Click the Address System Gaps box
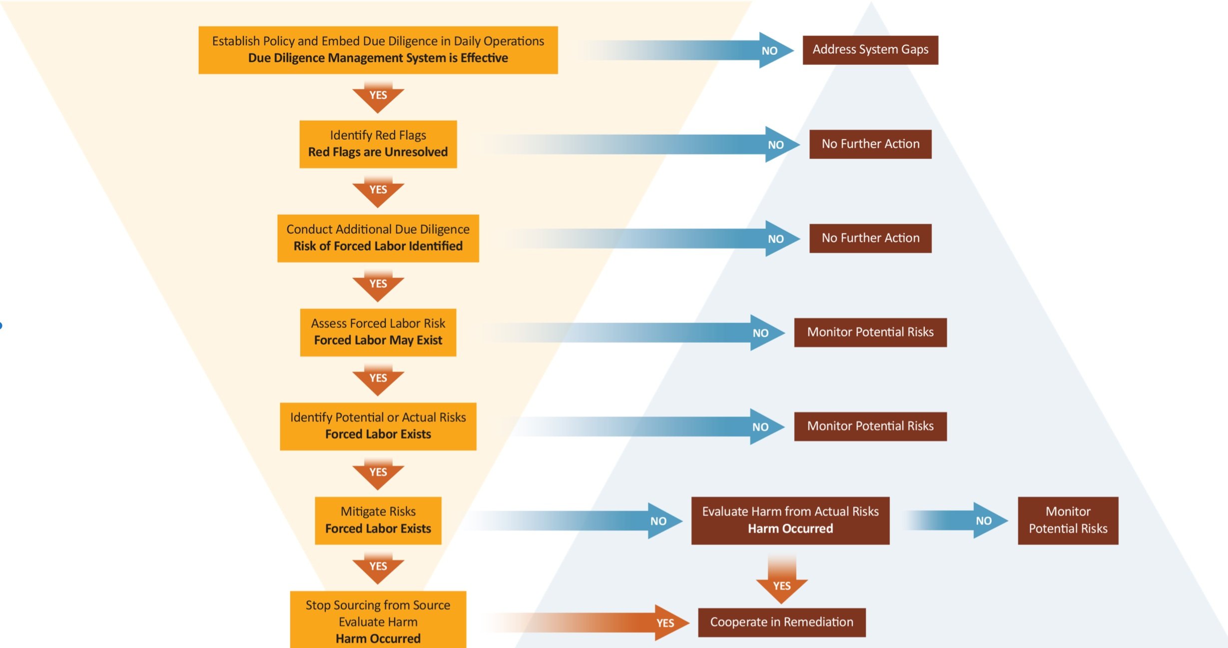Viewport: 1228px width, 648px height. pos(870,50)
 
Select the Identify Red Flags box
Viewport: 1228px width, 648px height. pos(378,144)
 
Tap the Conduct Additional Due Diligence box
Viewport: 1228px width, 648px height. pos(378,238)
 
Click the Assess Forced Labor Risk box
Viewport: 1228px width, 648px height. pos(378,332)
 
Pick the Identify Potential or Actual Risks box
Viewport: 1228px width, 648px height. pos(378,426)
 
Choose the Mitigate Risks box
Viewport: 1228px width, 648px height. pos(378,520)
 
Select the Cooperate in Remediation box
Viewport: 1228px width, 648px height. pos(781,622)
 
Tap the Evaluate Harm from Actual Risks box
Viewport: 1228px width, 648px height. pos(790,520)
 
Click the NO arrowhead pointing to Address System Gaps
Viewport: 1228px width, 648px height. pos(772,50)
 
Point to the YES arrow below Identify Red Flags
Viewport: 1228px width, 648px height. pos(378,191)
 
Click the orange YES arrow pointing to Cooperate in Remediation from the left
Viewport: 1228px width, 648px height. pos(667,623)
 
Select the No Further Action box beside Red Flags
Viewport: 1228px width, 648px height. pos(870,144)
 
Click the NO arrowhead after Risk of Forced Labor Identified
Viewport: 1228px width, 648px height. pos(777,239)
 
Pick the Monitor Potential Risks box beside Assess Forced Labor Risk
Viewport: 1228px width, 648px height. pos(870,332)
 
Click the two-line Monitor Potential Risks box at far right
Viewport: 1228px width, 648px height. pos(1068,520)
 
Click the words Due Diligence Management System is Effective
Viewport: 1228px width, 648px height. pos(378,58)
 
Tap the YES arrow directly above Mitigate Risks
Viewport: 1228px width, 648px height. pos(378,473)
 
